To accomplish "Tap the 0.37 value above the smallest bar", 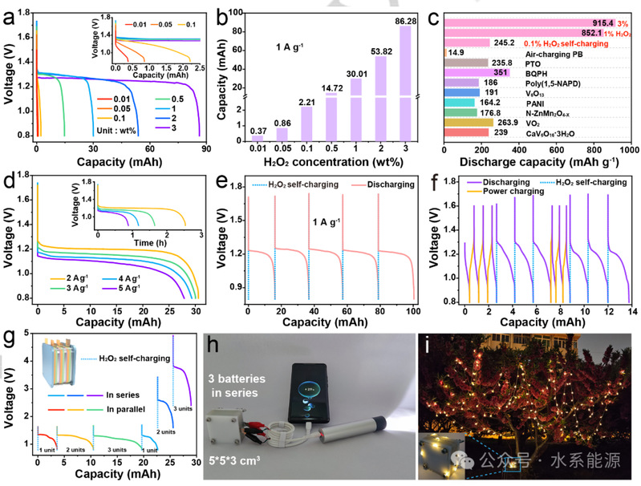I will click(x=258, y=131).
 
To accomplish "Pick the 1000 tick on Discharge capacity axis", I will click(x=629, y=150).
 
